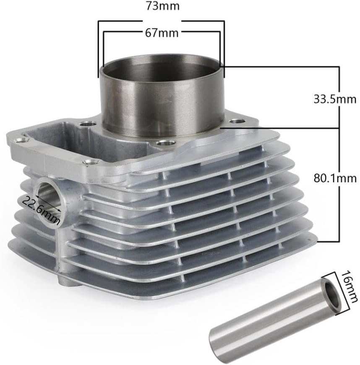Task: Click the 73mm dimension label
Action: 162,6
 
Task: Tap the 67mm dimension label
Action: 162,33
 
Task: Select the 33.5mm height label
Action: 335,99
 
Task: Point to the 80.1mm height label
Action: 335,179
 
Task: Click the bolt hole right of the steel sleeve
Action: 237,121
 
